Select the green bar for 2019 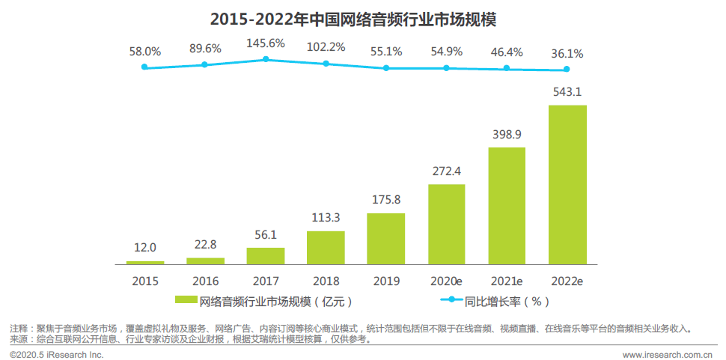[x=386, y=239]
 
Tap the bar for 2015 [x=145, y=262]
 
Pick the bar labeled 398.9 [x=507, y=206]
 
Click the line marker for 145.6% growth [x=266, y=59]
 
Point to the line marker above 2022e [x=567, y=70]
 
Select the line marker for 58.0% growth [x=145, y=67]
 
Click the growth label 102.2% [x=326, y=47]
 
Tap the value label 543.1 [x=567, y=93]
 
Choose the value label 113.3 [x=326, y=219]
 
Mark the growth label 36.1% [x=567, y=54]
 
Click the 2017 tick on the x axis [x=266, y=281]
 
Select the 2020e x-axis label [x=447, y=281]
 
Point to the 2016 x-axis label [x=205, y=281]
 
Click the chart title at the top [x=363, y=17]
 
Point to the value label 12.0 [x=145, y=248]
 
